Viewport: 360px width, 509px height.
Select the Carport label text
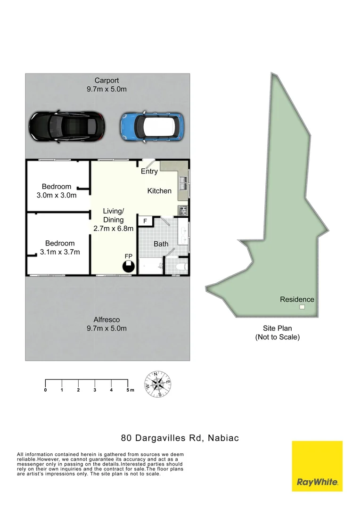106,81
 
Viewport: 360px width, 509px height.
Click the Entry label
149,172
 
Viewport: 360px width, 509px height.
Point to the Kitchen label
159,191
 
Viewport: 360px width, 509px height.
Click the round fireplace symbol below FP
128,267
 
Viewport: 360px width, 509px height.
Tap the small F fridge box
145,221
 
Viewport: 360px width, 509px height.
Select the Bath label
161,244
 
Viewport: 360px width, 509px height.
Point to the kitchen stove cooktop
183,210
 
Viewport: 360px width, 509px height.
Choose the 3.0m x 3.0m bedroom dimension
56,195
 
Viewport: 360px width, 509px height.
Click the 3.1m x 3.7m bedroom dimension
59,252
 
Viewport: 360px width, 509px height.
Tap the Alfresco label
106,320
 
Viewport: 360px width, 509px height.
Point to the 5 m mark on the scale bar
128,390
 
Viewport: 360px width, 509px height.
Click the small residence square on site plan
302,308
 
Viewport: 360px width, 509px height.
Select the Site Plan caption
277,328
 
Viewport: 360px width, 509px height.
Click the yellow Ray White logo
317,466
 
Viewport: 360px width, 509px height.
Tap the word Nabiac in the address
223,438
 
